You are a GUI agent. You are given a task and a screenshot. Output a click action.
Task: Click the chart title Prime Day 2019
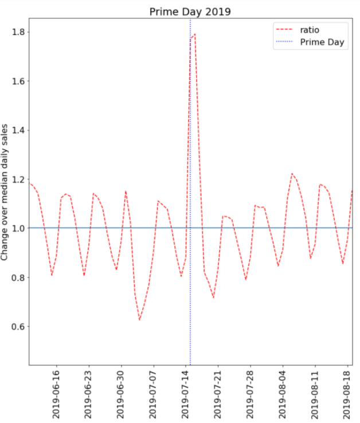190,11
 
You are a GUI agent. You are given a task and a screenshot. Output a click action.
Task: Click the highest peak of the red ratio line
195,34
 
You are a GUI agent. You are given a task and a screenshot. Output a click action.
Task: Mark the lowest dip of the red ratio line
139,320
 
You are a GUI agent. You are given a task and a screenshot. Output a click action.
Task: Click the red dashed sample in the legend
287,30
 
